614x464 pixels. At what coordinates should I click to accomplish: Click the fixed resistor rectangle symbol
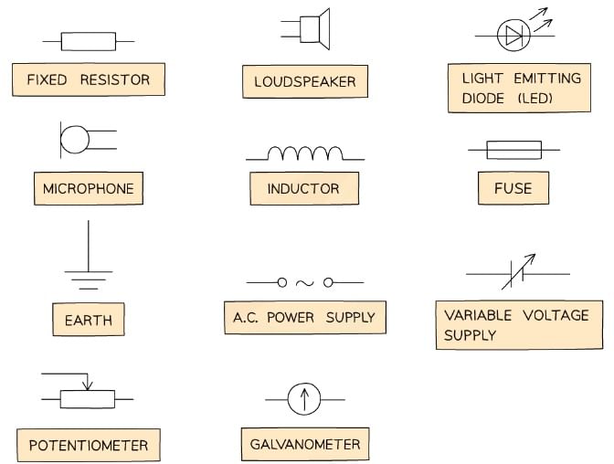point(88,41)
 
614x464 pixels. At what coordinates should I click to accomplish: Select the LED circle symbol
point(513,36)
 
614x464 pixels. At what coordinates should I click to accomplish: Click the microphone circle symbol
point(75,140)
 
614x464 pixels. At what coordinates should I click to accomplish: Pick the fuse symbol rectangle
point(513,149)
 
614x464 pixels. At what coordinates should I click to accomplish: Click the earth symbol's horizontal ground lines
point(88,279)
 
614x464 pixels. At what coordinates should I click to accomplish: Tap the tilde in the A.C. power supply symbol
point(305,283)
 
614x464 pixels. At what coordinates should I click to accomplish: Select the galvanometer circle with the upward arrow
point(304,399)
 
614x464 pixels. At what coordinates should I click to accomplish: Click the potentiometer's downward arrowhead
point(87,385)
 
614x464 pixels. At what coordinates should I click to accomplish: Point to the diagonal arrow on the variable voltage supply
point(518,272)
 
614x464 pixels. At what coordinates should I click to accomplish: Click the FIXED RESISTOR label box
point(88,79)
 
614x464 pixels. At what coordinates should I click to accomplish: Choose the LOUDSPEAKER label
point(305,82)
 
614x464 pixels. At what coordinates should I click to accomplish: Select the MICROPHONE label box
point(88,189)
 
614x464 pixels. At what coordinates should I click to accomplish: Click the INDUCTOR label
point(303,189)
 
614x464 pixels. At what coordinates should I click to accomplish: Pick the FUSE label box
point(512,189)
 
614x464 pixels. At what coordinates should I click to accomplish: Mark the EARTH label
point(88,321)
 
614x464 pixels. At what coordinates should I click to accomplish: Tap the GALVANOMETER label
point(305,445)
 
